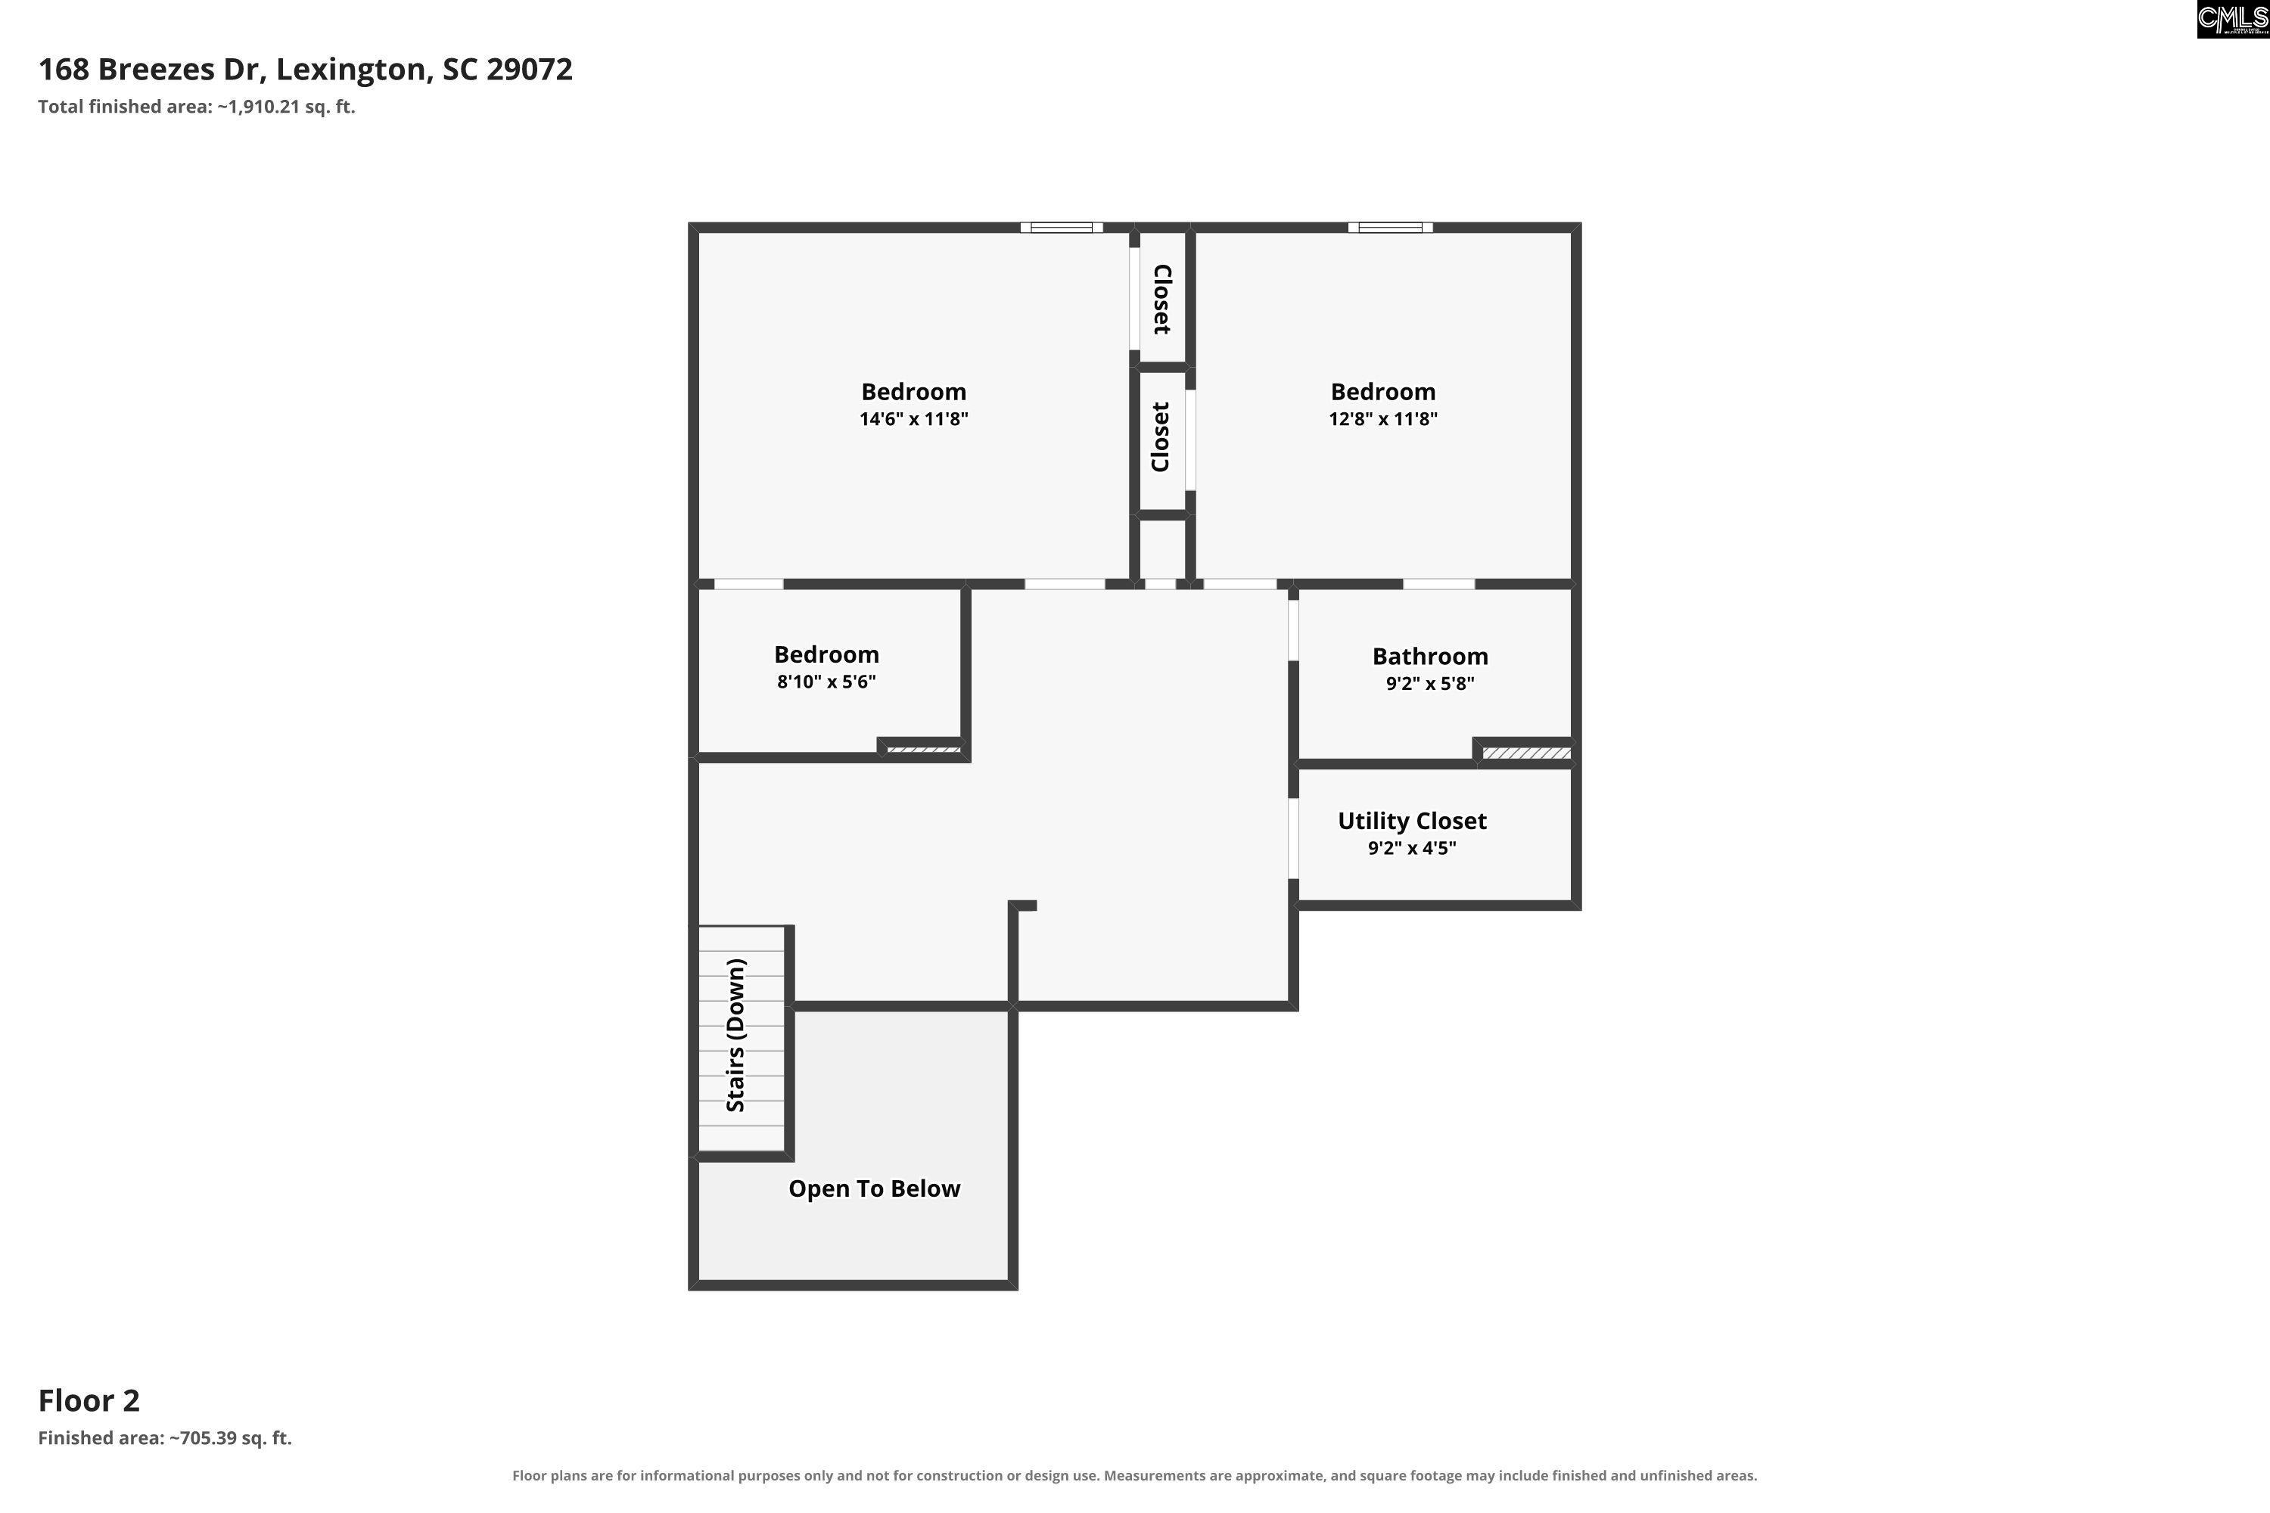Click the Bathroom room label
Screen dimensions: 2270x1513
[1429, 656]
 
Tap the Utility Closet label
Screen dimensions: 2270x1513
[1412, 821]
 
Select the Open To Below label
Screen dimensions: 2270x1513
[875, 1188]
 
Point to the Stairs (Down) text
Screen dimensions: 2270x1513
[735, 1036]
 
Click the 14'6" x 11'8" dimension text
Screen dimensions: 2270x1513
[914, 419]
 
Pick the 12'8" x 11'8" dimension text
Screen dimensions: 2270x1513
[1383, 419]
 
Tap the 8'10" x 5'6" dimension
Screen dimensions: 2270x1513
[826, 682]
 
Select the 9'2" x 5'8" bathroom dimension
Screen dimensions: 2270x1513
[1429, 683]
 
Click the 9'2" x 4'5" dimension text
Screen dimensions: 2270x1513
[1412, 848]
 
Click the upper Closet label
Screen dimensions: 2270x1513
[1162, 299]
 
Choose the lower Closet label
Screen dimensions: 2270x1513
[1161, 437]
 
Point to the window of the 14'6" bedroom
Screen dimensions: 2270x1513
[1062, 228]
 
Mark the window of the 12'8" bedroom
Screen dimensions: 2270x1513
[1390, 228]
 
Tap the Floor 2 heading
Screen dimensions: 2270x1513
[89, 1400]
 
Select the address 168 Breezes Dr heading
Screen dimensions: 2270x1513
[305, 70]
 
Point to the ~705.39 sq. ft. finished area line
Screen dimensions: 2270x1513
[165, 1438]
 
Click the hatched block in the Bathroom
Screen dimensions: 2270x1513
[1527, 753]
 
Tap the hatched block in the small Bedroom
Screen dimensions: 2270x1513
[924, 749]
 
